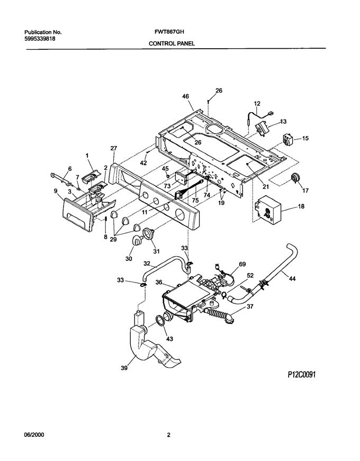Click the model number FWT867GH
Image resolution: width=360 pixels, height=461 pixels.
[169, 32]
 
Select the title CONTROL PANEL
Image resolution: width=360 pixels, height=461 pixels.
[172, 43]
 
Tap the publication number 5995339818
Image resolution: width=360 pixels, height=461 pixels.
[40, 38]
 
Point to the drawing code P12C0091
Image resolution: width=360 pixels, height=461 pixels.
[301, 375]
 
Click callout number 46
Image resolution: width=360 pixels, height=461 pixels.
[186, 96]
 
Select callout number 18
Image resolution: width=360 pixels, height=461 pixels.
[301, 206]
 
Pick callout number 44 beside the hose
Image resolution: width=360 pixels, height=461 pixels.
[292, 278]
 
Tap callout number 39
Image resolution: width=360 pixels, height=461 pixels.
[124, 367]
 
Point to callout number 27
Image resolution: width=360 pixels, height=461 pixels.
[114, 149]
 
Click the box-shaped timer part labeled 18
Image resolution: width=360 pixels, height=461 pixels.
[268, 210]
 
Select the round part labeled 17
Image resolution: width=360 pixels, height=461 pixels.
[294, 178]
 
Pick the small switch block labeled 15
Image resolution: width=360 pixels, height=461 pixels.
[287, 140]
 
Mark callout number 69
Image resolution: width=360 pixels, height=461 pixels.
[242, 264]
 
